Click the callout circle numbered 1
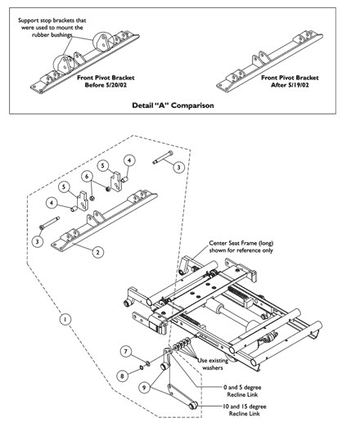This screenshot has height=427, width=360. click(65, 319)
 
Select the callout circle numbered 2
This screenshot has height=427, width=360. click(98, 252)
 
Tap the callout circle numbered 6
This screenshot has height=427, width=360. click(87, 177)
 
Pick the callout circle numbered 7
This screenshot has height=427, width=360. click(126, 351)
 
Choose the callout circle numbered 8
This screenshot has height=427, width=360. click(122, 376)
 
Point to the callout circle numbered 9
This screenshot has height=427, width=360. click(144, 387)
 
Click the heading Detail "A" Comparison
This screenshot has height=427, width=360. click(173, 106)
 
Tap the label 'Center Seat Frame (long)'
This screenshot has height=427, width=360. click(241, 243)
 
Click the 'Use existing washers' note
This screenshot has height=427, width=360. click(213, 364)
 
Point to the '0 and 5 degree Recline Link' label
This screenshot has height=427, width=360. click(242, 391)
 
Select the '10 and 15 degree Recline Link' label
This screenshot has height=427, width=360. click(245, 410)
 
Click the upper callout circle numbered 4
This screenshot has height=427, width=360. click(129, 160)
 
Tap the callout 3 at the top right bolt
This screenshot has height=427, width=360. click(178, 167)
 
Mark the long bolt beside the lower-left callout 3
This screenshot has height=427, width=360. click(49, 222)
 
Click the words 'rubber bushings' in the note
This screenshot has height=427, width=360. click(52, 35)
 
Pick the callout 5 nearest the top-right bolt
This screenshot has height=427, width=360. click(103, 165)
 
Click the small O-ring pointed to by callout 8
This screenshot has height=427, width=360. click(142, 367)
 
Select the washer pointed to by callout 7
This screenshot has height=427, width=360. click(148, 363)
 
